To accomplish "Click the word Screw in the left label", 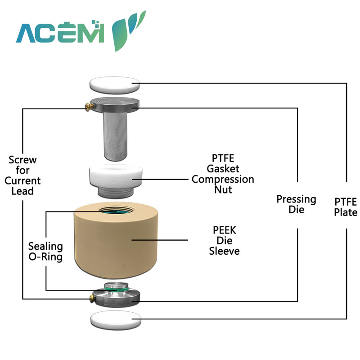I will pos(22,160).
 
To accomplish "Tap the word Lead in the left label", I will pos(23,191).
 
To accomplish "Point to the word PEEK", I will pos(224,230).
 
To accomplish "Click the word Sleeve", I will pos(224,251).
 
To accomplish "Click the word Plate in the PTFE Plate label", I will pos(346,212).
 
